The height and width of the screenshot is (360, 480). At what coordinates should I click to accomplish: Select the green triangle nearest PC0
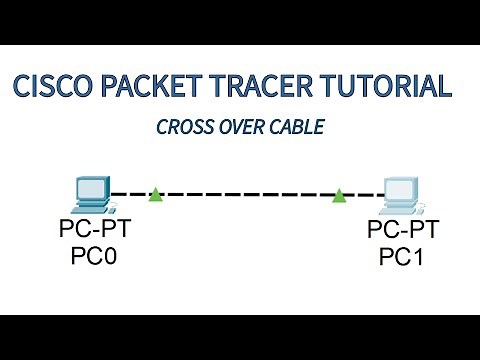[x=155, y=194]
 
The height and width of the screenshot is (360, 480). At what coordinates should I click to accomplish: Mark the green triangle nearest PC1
[x=340, y=194]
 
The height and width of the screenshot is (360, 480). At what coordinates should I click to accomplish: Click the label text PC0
[x=94, y=257]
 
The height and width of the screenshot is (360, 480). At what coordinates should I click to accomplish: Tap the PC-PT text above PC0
[x=94, y=232]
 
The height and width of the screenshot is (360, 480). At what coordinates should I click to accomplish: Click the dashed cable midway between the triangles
[x=247, y=194]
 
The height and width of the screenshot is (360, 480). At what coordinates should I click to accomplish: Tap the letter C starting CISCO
[x=23, y=86]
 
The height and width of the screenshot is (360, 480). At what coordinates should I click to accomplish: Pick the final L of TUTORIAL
[x=445, y=86]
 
